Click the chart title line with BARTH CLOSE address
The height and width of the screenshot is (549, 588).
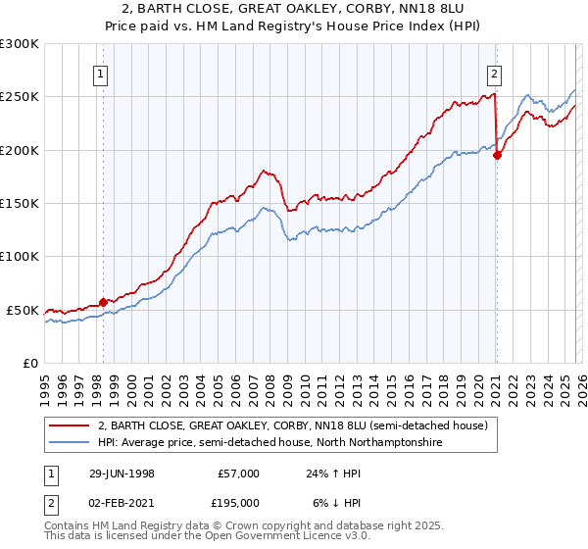pyautogui.click(x=293, y=8)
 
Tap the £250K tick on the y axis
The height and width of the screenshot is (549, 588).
pyautogui.click(x=22, y=97)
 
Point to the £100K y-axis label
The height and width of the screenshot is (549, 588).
pyautogui.click(x=22, y=256)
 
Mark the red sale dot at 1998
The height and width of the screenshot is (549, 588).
pyautogui.click(x=104, y=302)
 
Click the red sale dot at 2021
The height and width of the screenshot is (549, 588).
pyautogui.click(x=497, y=155)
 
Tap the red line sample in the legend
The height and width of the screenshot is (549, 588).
pyautogui.click(x=70, y=426)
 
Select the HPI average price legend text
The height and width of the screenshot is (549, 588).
pyautogui.click(x=270, y=443)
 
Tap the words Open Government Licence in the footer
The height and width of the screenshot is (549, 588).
pyautogui.click(x=175, y=539)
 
